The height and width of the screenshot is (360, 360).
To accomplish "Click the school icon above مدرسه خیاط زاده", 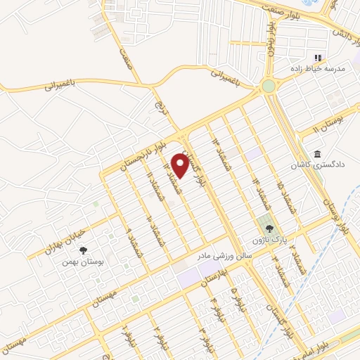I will click(x=318, y=58).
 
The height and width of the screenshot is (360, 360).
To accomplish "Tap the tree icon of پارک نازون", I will click(x=267, y=228).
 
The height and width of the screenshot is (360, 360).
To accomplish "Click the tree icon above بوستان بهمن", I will click(x=84, y=250).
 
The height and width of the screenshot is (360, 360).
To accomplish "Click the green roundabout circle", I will click(x=268, y=86).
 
